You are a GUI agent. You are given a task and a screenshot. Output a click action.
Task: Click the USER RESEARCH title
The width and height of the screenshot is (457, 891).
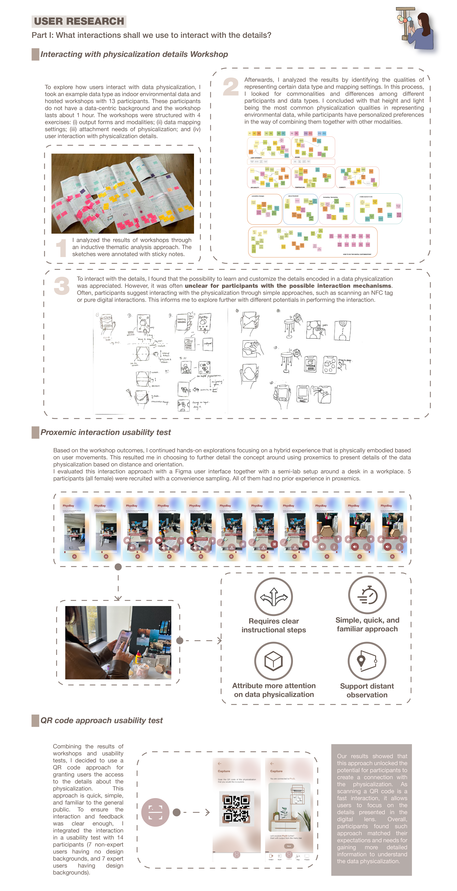click(x=79, y=21)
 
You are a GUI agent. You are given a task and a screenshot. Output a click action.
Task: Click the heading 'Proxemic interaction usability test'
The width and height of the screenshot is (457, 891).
click(x=106, y=432)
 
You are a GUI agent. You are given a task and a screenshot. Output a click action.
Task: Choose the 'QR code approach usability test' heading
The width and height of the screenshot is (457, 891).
click(x=101, y=720)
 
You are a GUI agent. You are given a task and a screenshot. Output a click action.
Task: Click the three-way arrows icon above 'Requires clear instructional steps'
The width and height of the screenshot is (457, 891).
click(x=273, y=597)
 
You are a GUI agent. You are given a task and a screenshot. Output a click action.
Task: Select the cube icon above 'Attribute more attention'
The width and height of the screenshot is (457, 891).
click(x=273, y=661)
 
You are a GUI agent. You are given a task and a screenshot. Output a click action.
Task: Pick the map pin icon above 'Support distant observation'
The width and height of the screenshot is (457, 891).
click(x=367, y=661)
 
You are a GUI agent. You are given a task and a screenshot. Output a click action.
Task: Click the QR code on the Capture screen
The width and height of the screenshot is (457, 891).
click(x=236, y=809)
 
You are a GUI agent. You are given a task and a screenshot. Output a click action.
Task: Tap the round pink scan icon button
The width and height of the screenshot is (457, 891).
click(x=155, y=812)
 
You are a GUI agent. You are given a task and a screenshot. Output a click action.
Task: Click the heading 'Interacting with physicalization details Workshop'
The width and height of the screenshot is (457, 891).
click(x=134, y=54)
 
